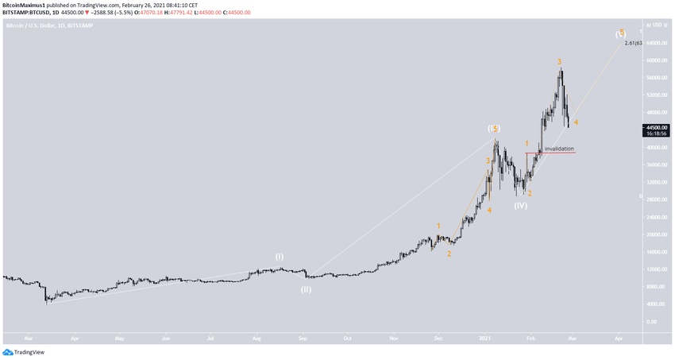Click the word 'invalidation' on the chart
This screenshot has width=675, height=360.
[x=559, y=149]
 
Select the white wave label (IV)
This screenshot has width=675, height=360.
[x=520, y=206]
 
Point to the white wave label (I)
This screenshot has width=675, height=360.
[x=280, y=257]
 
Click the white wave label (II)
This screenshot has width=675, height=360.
[x=306, y=289]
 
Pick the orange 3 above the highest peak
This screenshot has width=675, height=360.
[x=560, y=61]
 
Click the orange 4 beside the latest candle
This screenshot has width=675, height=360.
[x=576, y=122]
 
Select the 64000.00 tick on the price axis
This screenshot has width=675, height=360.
[x=654, y=43]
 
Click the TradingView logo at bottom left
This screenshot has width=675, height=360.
[x=24, y=351]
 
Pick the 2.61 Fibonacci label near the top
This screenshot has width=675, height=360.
[x=631, y=43]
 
